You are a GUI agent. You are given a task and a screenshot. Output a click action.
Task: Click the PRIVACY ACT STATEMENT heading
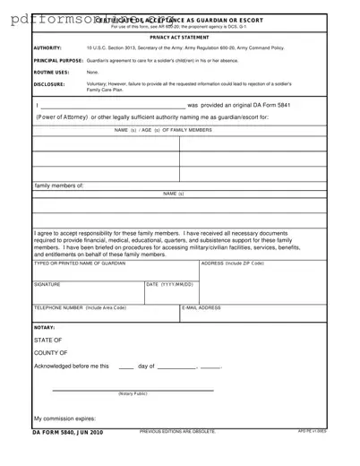(179, 37)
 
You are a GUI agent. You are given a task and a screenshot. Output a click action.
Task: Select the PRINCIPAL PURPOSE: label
(59, 60)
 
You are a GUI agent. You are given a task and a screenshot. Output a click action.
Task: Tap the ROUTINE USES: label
(51, 72)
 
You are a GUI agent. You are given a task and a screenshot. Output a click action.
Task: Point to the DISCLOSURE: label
(49, 84)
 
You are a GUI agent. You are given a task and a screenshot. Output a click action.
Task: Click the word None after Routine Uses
(92, 72)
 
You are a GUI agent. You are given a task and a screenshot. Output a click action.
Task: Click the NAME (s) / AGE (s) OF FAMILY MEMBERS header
(164, 130)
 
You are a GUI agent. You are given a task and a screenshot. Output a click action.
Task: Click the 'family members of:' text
(59, 186)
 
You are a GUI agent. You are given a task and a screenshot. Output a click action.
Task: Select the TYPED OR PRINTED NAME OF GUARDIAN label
(80, 263)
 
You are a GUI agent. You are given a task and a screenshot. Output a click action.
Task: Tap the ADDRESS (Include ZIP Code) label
(232, 263)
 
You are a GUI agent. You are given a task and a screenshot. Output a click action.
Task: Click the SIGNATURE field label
(47, 284)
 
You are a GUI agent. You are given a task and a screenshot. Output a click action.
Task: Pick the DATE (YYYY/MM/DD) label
(169, 284)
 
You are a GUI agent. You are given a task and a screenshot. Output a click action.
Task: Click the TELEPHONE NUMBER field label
(80, 307)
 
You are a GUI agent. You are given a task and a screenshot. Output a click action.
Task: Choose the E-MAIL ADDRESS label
(201, 307)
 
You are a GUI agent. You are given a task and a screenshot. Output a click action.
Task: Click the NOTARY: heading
(45, 327)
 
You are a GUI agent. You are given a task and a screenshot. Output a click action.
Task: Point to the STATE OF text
(48, 341)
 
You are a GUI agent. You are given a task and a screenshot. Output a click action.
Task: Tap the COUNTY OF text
(50, 353)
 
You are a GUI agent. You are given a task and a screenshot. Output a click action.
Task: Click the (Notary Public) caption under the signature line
(133, 393)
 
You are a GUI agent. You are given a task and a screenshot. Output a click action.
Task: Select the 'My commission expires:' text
(64, 419)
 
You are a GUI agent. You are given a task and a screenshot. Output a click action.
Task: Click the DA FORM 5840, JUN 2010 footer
(68, 432)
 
